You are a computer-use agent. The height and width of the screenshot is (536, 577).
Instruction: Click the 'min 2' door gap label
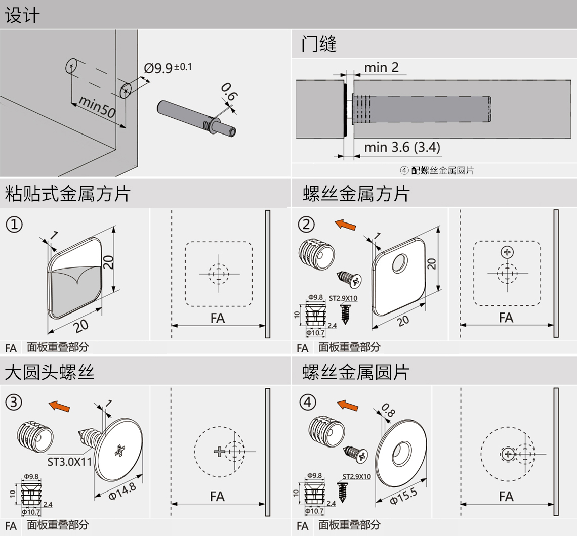[x=382, y=67]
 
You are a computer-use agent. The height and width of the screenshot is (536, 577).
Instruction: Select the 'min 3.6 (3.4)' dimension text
[x=402, y=147]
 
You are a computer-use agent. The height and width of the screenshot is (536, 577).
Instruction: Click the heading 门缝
[x=319, y=44]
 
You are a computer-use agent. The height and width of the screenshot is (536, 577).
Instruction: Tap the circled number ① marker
[x=14, y=224]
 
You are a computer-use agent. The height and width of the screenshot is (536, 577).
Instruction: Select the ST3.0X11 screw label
[x=69, y=461]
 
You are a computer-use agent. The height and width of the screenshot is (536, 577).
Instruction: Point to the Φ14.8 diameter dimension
[x=122, y=490]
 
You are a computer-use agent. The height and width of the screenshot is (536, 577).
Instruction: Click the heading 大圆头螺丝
[x=50, y=373]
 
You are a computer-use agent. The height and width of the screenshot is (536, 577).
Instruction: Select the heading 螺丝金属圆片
[x=356, y=373]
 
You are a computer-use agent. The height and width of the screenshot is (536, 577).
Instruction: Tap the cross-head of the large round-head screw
[x=119, y=450]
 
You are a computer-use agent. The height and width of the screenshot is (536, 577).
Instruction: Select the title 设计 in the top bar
[x=21, y=15]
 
